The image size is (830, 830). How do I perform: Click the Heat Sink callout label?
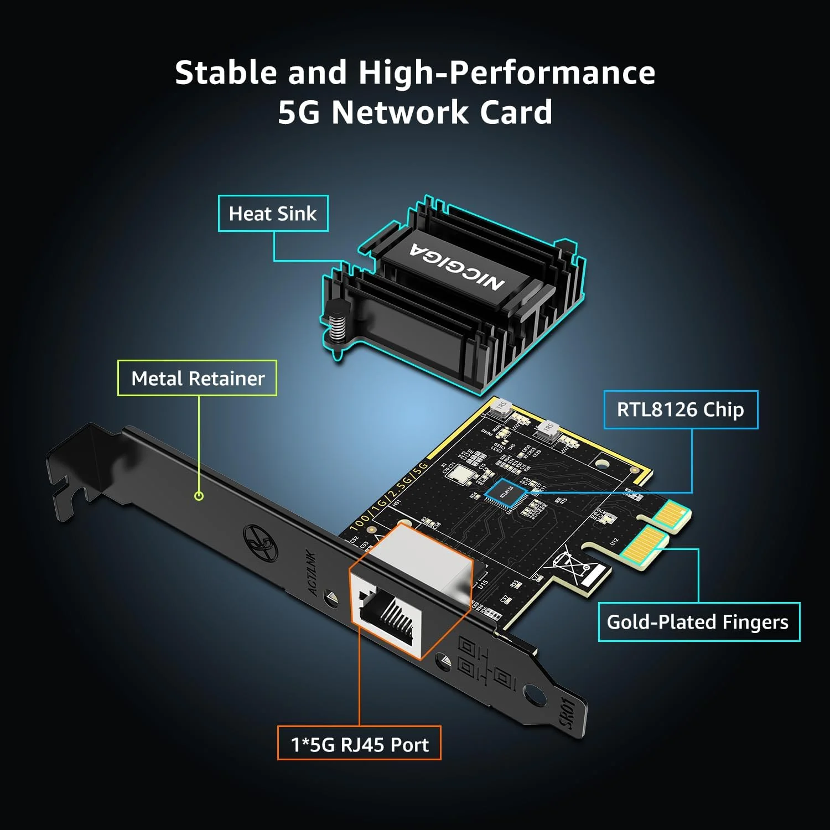point(273,214)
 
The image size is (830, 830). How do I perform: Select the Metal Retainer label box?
point(198,378)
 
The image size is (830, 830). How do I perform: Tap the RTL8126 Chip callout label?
point(680,410)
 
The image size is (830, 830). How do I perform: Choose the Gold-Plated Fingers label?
point(698,622)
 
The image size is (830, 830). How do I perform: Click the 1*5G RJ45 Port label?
point(359,744)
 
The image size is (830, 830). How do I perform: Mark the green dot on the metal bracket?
point(199,496)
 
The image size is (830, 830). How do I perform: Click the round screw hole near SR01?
point(533,694)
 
